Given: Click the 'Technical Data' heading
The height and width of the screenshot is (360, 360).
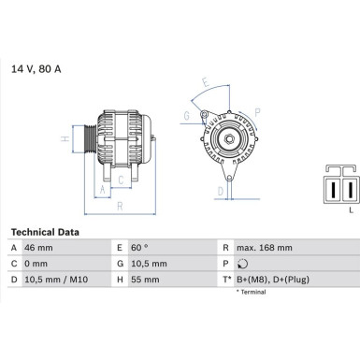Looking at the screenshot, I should click(x=45, y=231).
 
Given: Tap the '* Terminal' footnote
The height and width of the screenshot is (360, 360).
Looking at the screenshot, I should click(x=251, y=293).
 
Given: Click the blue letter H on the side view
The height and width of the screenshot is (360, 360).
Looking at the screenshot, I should click(x=64, y=140).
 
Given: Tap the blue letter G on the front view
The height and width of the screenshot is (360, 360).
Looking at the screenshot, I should click(x=187, y=115).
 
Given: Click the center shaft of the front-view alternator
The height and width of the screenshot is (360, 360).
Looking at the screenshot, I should click(x=227, y=141).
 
